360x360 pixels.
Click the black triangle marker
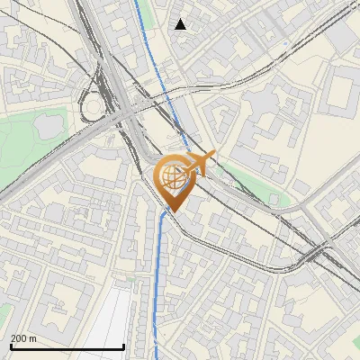click(x=180, y=24)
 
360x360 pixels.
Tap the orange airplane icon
click(x=200, y=164)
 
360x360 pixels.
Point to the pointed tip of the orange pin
click(x=175, y=211)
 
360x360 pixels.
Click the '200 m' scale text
click(x=24, y=338)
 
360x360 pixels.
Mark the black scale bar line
click(x=67, y=347)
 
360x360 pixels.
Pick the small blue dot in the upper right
click(x=286, y=42)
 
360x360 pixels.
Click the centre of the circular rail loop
click(x=93, y=110)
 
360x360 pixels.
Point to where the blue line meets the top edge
click(x=138, y=2)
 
